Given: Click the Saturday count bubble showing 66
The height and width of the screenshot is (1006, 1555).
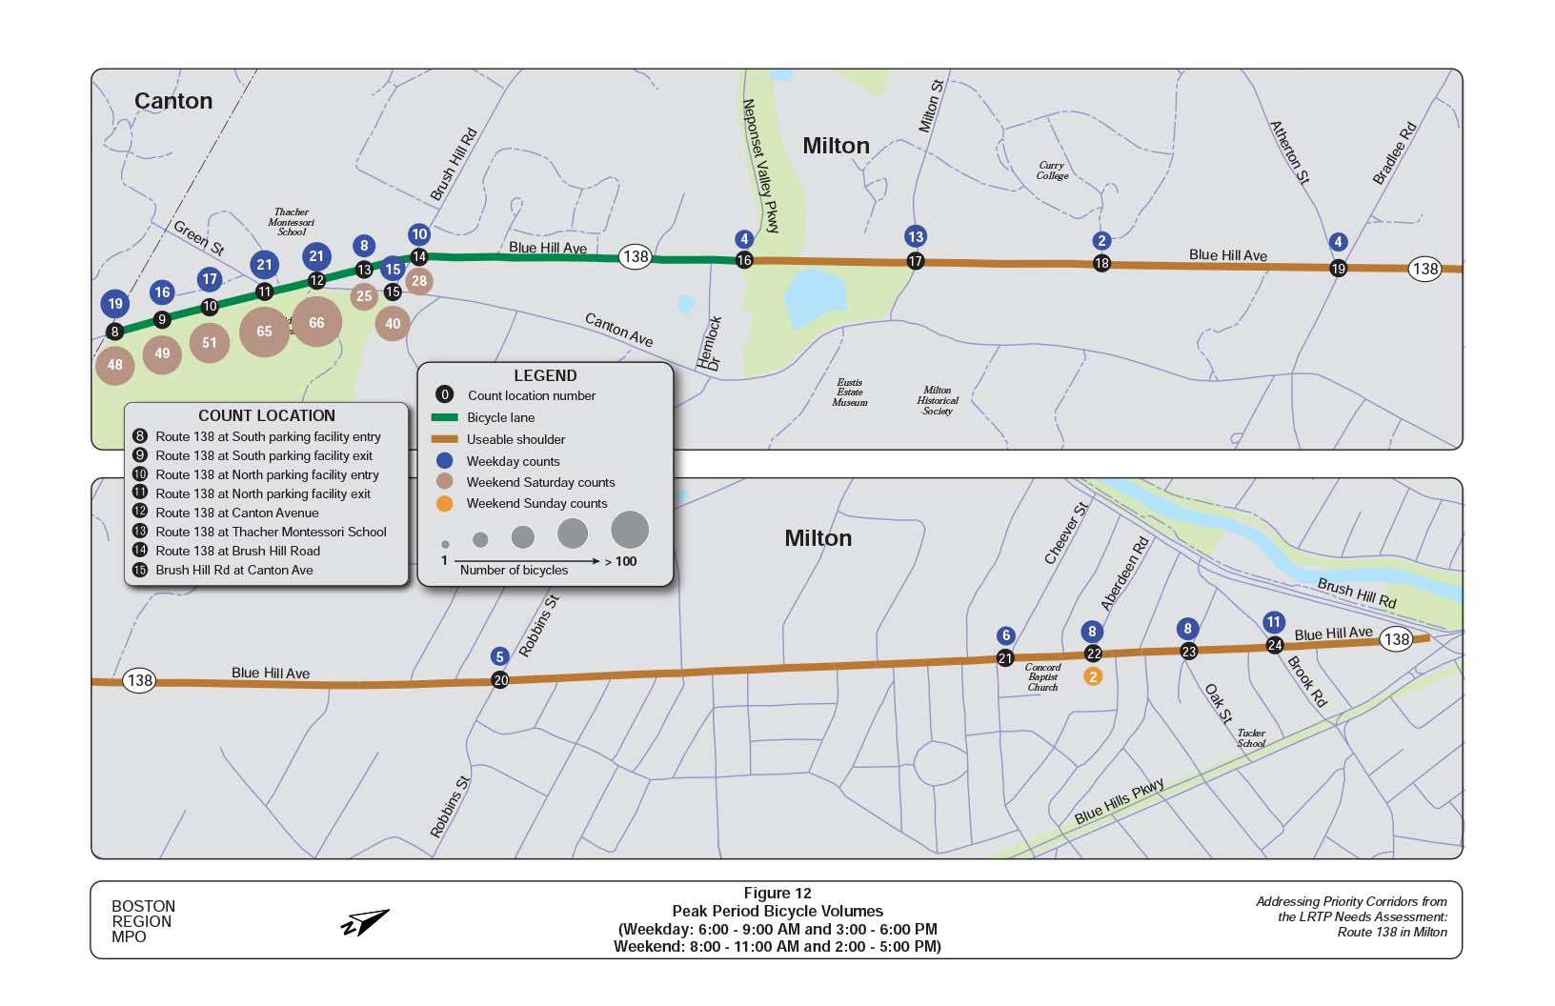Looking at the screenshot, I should [x=316, y=323].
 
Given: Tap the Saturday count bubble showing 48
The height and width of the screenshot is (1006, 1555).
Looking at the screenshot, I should [x=115, y=365].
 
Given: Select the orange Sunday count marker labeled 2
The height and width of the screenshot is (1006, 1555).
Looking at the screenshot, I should [x=1093, y=676].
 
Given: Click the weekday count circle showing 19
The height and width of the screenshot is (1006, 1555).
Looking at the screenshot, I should [x=115, y=304].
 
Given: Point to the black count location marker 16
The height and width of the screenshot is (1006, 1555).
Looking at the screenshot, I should [x=744, y=260].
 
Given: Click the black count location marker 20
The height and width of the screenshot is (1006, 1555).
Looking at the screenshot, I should [x=500, y=680].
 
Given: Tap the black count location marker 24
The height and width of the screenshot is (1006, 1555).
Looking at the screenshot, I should [x=1275, y=645].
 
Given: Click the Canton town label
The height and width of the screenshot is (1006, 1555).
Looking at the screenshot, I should [x=173, y=101].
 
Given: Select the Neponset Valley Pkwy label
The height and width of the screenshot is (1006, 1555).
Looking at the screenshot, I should [x=761, y=166].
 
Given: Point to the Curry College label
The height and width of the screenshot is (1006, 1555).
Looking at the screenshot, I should [x=1052, y=171].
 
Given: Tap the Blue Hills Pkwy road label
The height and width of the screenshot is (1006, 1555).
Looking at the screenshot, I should [x=1119, y=802].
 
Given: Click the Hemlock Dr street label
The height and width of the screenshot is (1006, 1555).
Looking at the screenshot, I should [x=710, y=344].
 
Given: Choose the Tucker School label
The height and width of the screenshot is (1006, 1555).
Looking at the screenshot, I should [x=1251, y=738].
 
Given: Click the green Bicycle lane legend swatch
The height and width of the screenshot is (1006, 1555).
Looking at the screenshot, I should [x=444, y=417].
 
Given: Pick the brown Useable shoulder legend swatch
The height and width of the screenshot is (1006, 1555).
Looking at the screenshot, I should [x=444, y=439].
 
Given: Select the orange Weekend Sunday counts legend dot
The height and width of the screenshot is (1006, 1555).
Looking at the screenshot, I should [x=444, y=503].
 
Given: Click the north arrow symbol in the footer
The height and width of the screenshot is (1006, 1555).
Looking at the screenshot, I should [x=366, y=922].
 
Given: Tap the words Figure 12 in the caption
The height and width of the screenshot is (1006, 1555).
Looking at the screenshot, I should [x=777, y=894].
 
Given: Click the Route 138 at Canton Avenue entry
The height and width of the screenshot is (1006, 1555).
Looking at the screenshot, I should [x=237, y=513].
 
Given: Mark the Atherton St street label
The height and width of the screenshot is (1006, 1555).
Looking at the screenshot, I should [x=1289, y=152].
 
